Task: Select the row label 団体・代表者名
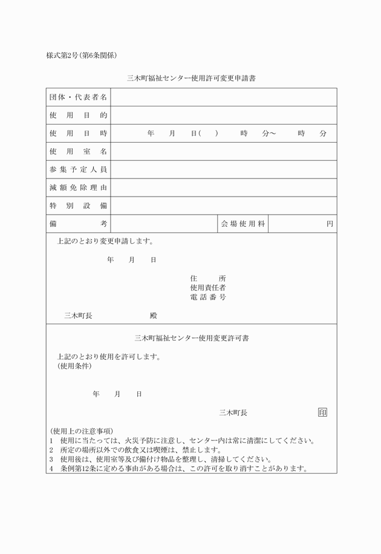(x=78, y=97)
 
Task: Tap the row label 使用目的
(x=78, y=115)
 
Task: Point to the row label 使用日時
(x=78, y=133)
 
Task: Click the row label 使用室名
(x=78, y=151)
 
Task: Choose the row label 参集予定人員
(x=78, y=169)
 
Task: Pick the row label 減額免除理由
(x=78, y=187)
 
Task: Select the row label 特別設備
(x=78, y=206)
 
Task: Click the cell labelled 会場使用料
(x=243, y=224)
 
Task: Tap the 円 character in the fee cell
(x=330, y=224)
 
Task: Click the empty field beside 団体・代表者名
(x=223, y=97)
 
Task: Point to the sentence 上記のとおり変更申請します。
(x=105, y=241)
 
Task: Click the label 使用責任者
(x=208, y=287)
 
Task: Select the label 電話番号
(x=208, y=297)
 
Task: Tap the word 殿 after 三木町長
(x=154, y=316)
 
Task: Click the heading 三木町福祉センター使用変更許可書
(x=191, y=338)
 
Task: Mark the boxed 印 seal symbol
(x=322, y=412)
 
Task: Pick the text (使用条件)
(x=74, y=366)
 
